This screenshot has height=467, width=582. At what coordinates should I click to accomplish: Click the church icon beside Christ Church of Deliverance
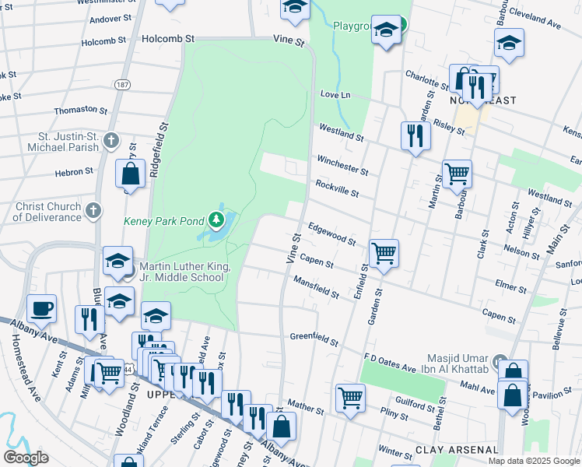pos(93,209)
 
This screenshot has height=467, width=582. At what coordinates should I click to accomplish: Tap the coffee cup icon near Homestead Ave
pos(42,307)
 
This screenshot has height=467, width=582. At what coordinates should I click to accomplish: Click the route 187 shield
pos(122,83)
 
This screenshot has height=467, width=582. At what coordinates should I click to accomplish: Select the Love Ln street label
pos(336,94)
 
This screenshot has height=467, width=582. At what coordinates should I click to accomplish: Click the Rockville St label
pos(337,188)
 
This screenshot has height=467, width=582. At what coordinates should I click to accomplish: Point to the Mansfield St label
pos(317,289)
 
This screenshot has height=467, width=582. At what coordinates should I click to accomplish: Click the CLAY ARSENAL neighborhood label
pos(456,450)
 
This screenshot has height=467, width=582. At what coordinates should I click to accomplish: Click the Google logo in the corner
pos(26,457)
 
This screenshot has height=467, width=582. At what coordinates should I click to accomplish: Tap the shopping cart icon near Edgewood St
pos(384,253)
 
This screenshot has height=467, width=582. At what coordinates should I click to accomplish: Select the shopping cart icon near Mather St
pos(351,397)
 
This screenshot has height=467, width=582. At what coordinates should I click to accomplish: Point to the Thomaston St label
pos(80,111)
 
